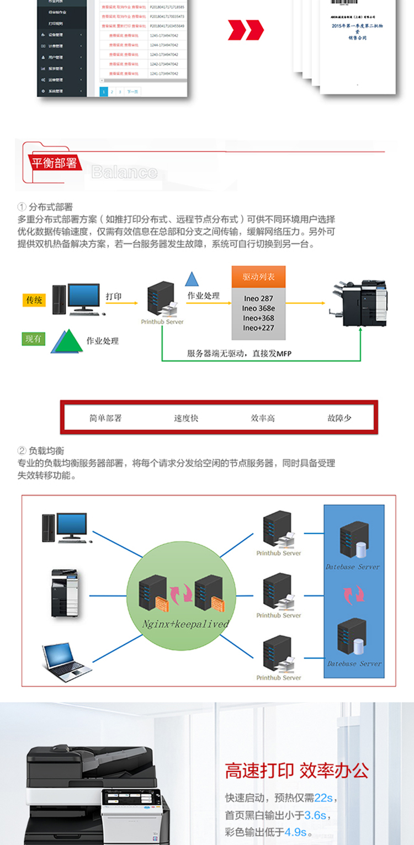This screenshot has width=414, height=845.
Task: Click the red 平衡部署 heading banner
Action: (54, 163)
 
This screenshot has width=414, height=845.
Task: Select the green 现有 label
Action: (33, 339)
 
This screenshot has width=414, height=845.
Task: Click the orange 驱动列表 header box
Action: (259, 277)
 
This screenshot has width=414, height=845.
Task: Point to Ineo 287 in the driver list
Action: (259, 299)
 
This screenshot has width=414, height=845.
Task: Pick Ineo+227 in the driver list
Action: (259, 328)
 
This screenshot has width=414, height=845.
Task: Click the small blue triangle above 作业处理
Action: (192, 279)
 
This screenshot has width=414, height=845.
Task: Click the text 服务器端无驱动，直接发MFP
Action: (239, 353)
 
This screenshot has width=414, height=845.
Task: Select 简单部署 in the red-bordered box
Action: (105, 418)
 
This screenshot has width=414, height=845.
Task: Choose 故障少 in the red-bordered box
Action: (339, 418)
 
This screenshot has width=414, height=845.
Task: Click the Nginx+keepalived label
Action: (185, 624)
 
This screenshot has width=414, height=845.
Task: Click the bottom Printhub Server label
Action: (279, 678)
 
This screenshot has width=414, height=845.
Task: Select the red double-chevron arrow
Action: (246, 30)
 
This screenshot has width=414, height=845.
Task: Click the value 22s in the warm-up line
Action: (323, 798)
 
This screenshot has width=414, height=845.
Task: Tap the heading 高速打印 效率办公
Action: (296, 771)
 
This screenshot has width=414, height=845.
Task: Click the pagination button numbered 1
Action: (104, 92)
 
